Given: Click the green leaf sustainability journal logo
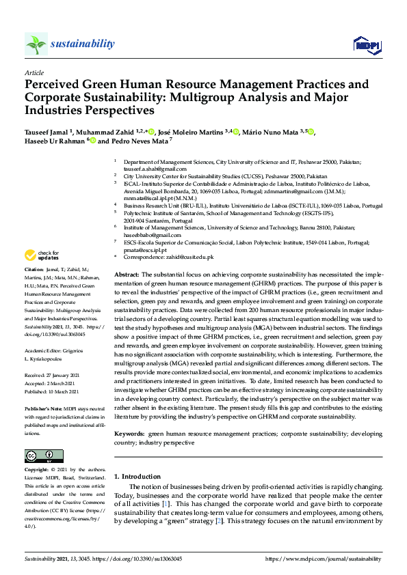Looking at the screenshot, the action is (36, 44).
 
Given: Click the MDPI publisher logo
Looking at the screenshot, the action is (367, 45).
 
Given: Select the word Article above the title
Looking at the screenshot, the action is (34, 72).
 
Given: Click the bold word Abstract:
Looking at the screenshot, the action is (127, 274).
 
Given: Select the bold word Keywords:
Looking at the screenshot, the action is (129, 433).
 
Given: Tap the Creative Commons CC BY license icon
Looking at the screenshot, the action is (40, 455).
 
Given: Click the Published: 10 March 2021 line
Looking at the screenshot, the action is (51, 373).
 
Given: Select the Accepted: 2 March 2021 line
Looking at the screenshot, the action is (50, 364).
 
